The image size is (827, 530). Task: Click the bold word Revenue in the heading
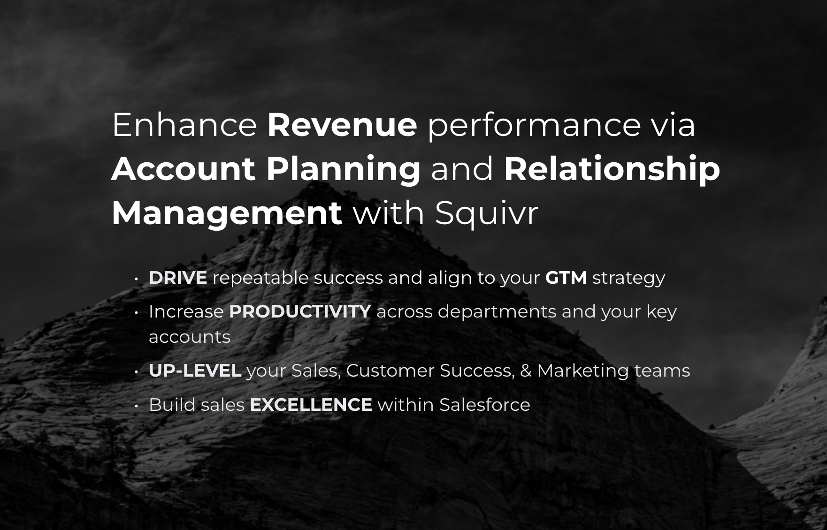342,125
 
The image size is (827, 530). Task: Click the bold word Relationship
612,170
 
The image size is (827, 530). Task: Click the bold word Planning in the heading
344,170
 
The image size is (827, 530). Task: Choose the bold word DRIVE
178,278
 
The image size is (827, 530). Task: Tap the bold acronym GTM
566,278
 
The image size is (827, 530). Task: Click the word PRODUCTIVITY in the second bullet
300,311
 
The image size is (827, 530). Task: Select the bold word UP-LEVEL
195,371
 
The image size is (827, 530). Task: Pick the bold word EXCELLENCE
311,405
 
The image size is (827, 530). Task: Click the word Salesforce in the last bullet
485,405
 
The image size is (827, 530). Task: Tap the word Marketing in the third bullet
583,371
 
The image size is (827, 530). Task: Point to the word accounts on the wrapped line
190,337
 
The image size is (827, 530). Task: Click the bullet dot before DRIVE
136,279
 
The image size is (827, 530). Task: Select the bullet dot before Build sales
136,406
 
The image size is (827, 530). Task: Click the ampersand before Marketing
526,371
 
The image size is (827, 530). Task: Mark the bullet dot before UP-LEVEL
136,372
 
